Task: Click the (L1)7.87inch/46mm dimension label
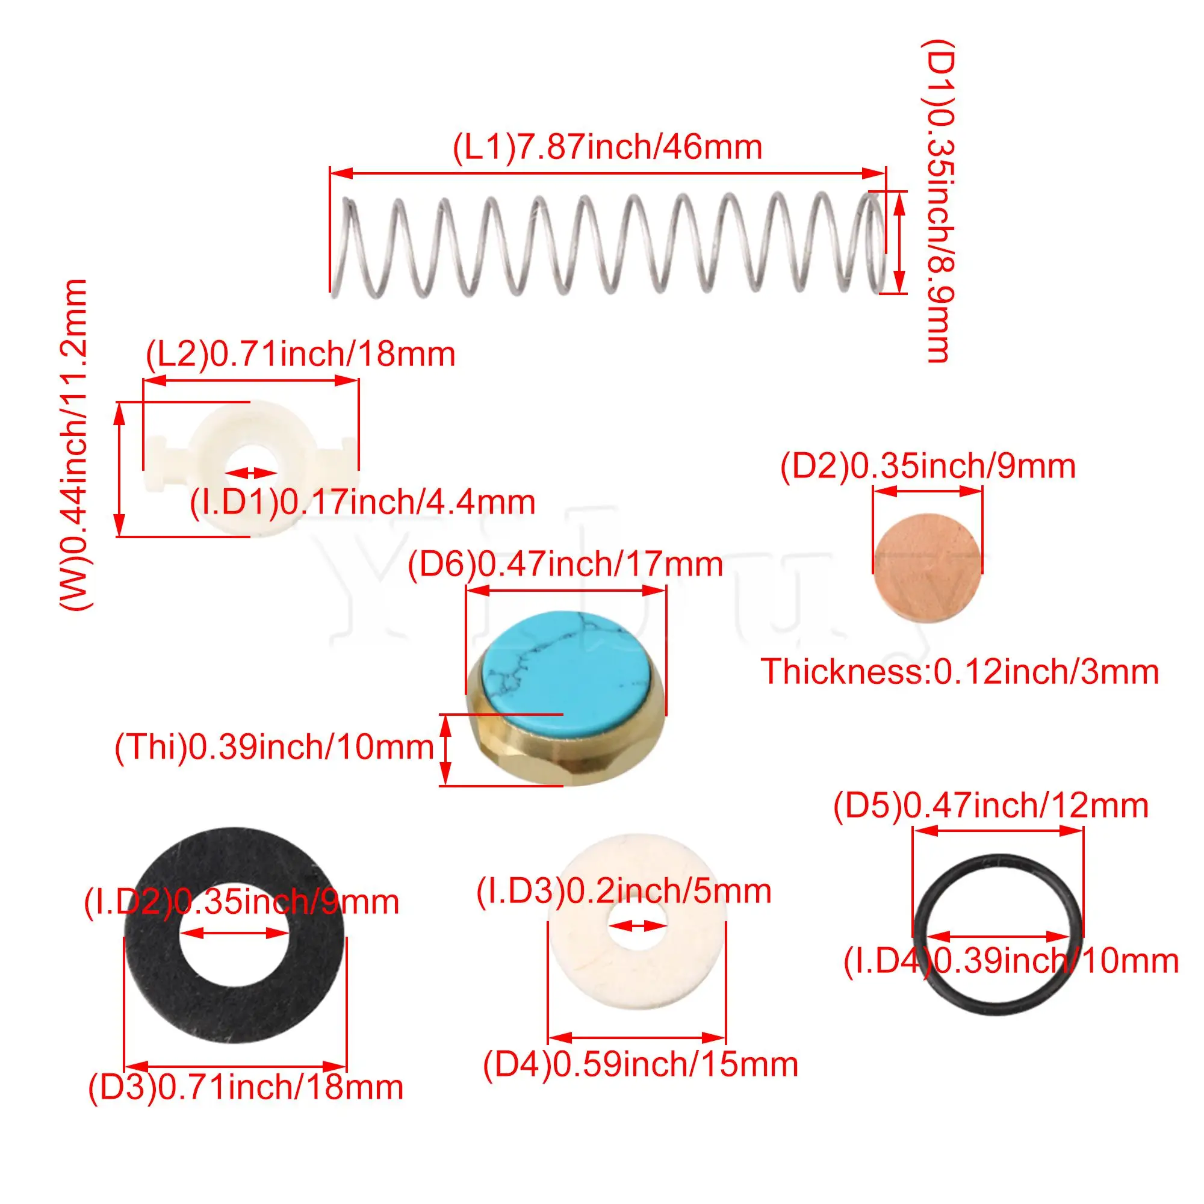click(x=607, y=147)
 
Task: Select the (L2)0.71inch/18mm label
click(x=300, y=355)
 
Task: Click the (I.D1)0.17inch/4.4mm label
click(x=362, y=502)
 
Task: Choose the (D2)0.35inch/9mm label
click(x=928, y=467)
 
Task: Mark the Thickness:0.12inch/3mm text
click(x=960, y=672)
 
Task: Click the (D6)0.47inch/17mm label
click(x=565, y=565)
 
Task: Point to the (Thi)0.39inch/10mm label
click(x=274, y=746)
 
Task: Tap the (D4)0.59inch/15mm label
click(x=641, y=1064)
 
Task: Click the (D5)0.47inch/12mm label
click(x=991, y=806)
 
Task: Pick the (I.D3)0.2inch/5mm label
click(x=624, y=891)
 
